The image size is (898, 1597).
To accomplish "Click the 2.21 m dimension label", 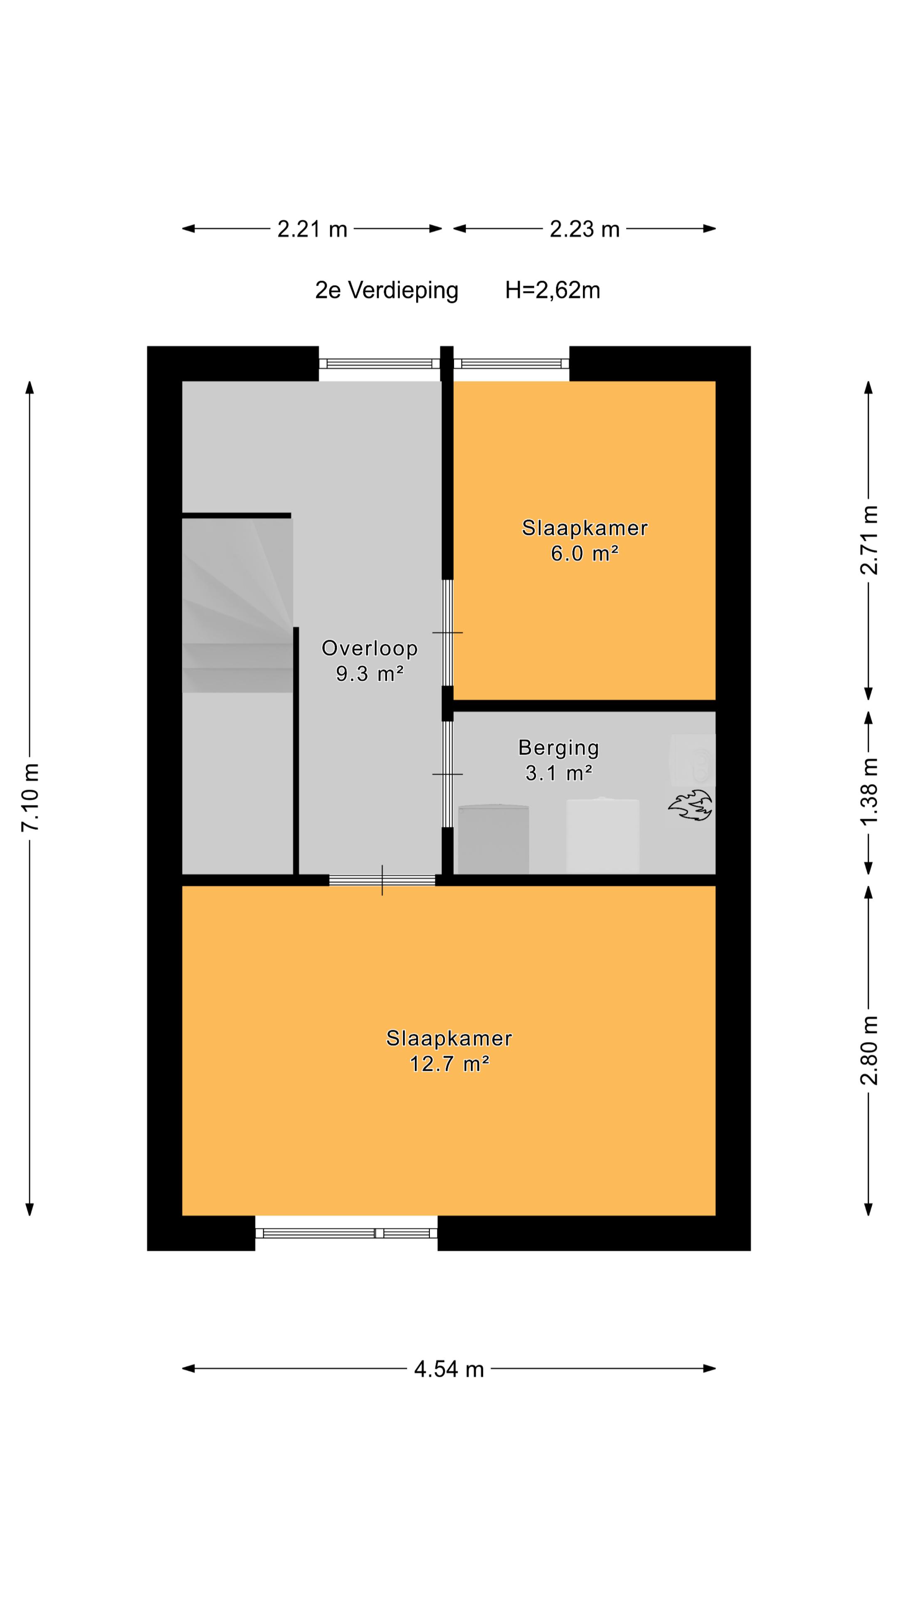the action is click(312, 230).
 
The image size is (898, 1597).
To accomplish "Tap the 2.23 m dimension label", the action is click(585, 230).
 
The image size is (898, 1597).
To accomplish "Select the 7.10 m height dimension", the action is click(30, 797).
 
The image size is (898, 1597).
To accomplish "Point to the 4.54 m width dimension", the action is click(449, 1369).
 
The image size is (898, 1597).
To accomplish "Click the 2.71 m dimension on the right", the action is click(869, 540).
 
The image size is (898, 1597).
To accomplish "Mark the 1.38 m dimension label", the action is click(869, 791).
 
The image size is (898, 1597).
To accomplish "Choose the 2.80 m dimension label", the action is click(869, 1050).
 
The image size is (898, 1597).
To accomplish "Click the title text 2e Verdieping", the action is click(387, 290).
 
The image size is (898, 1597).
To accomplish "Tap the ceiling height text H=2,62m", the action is click(552, 290).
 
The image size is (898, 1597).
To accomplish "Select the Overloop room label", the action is click(369, 648).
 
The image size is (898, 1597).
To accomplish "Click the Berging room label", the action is click(558, 748).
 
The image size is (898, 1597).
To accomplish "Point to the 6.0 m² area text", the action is click(585, 553).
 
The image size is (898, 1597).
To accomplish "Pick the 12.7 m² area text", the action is click(449, 1064).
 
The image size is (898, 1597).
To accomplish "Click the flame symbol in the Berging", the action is click(690, 805).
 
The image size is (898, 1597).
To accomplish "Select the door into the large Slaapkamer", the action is click(382, 880).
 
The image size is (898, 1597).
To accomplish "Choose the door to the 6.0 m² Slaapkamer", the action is click(447, 632).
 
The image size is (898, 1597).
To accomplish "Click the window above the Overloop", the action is click(379, 363).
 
